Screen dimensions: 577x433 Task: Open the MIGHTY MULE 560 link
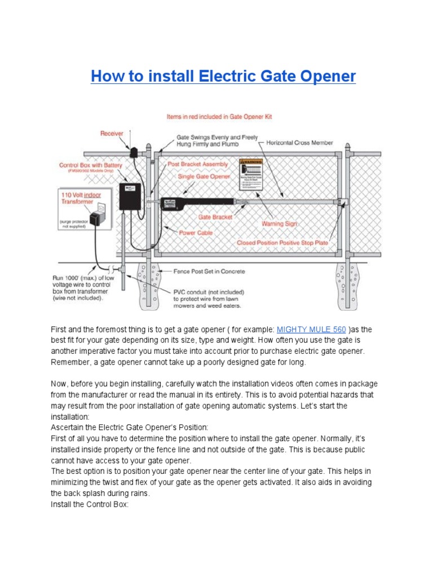(311, 329)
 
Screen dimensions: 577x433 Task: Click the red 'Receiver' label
(112, 134)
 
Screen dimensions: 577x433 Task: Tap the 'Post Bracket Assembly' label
(198, 164)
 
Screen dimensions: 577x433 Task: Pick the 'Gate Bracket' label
(212, 216)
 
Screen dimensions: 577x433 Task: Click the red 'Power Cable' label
(195, 232)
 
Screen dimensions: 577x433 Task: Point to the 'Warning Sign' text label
(279, 224)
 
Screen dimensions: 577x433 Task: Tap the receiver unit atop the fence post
(134, 152)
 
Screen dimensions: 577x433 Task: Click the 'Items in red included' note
(219, 117)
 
